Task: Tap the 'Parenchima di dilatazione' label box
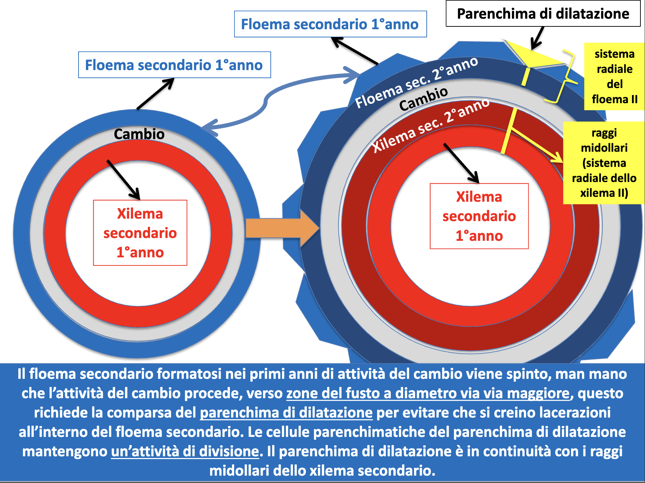(543, 14)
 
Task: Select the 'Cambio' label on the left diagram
(139, 134)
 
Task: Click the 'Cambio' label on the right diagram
(423, 99)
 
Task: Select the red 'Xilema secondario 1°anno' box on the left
(140, 233)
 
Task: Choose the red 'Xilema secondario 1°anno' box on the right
(479, 216)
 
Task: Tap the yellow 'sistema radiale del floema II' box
(614, 76)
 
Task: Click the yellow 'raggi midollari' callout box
(604, 163)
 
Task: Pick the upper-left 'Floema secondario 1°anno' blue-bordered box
(174, 65)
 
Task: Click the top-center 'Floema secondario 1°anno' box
(330, 24)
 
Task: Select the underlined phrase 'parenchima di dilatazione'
(286, 413)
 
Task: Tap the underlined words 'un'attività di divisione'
(185, 451)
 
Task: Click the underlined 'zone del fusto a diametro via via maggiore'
(428, 393)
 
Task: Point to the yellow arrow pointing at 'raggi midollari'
(537, 144)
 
